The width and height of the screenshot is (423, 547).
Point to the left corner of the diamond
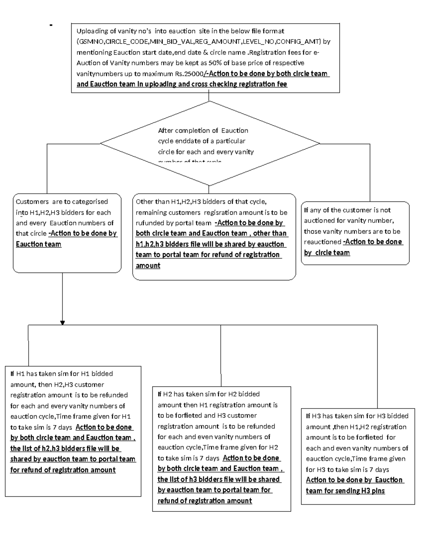pyautogui.click(x=101, y=143)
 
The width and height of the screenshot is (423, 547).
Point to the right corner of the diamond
pyautogui.click(x=319, y=143)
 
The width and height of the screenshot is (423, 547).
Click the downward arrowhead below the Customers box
pyautogui.click(x=62, y=323)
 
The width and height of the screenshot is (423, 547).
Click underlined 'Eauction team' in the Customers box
pyautogui.click(x=38, y=244)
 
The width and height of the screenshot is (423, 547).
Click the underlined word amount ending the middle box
pyautogui.click(x=148, y=266)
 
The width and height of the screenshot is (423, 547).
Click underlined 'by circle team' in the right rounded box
pyautogui.click(x=327, y=253)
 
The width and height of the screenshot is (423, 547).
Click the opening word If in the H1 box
pyautogui.click(x=12, y=374)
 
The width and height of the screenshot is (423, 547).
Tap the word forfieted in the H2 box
pyautogui.click(x=189, y=416)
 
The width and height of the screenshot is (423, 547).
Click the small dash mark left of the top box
pyautogui.click(x=51, y=25)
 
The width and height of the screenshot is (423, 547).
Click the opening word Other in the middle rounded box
pyautogui.click(x=145, y=202)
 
